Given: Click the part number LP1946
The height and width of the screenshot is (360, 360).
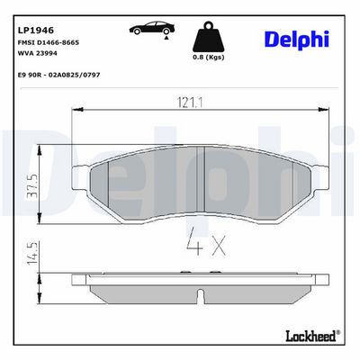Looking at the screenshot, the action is point(36,31).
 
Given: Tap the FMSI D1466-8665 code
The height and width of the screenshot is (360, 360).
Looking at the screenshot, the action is point(49,42).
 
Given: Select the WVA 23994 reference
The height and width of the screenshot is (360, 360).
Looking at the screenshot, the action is point(38,53).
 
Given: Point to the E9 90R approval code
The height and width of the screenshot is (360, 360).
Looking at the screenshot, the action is point(59,75).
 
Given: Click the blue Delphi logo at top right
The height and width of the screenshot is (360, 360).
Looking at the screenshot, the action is point(297,40).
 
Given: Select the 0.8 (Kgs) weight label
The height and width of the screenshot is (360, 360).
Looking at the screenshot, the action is point(208,57).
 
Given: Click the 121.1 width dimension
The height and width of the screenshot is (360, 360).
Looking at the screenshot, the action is point(190,103).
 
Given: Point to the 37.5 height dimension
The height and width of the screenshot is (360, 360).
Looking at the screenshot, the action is point(32,185).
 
